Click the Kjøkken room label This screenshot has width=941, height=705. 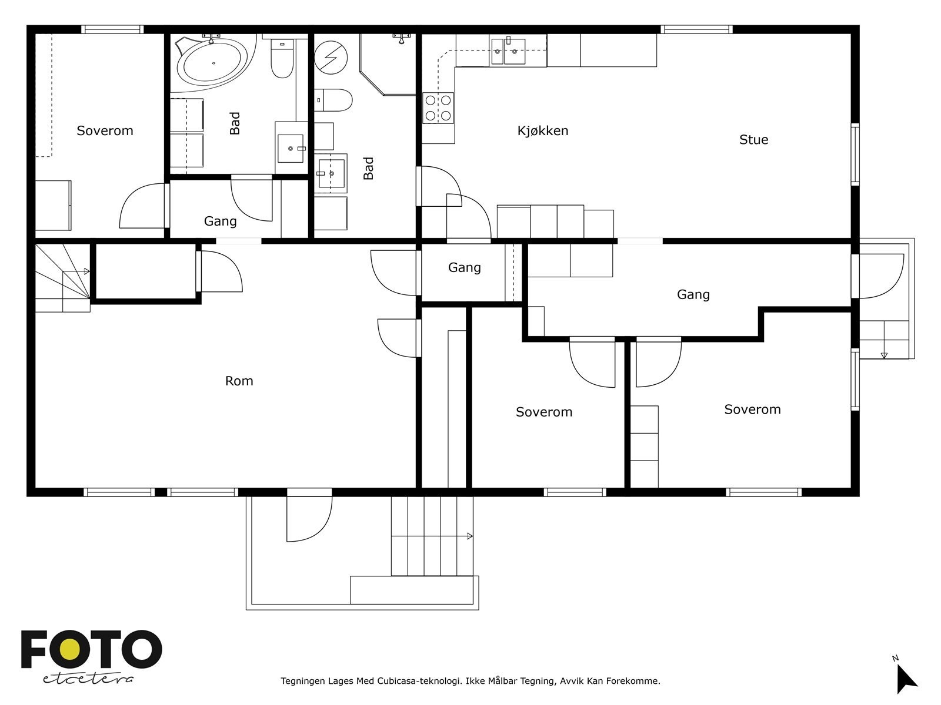click(542, 131)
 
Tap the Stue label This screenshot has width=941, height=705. click(753, 140)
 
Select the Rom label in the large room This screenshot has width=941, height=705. click(239, 381)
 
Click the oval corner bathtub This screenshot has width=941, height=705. click(213, 63)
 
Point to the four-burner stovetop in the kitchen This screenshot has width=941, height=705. click(438, 108)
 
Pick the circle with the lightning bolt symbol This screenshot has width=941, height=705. click(330, 58)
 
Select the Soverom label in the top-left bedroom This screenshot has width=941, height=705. click(105, 131)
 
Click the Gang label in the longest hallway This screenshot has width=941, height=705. click(693, 294)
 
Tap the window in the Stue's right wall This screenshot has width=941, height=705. click(855, 155)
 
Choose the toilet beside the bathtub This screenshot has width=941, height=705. click(282, 58)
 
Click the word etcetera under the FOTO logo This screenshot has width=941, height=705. click(88, 679)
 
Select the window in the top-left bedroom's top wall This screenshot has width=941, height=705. click(112, 29)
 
